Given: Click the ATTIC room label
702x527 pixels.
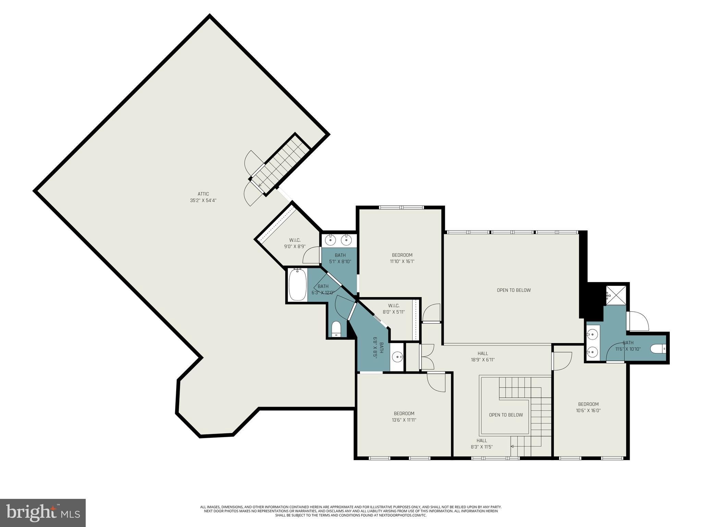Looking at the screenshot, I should (203, 194).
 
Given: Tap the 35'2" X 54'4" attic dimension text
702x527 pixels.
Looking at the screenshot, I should (203, 200).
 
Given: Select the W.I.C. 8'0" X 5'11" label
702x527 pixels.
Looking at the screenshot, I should (394, 309).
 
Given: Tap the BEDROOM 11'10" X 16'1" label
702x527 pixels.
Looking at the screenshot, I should (402, 258).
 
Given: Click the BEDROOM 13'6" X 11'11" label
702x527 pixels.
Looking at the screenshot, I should (404, 417).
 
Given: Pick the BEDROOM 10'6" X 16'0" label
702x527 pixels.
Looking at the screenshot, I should (588, 407).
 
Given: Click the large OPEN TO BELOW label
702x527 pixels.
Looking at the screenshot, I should (513, 290).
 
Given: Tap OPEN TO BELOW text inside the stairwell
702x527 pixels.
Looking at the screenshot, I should (506, 415).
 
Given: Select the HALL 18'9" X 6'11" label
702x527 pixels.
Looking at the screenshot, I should (483, 356).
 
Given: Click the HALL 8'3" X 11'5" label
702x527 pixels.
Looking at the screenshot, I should (482, 444).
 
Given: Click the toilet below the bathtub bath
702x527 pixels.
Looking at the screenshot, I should (336, 329).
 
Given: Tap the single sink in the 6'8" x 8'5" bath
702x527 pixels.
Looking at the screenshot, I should (398, 357).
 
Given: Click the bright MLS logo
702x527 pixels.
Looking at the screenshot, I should (43, 513).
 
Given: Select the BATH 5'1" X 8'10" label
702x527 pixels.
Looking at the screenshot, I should (340, 258).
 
